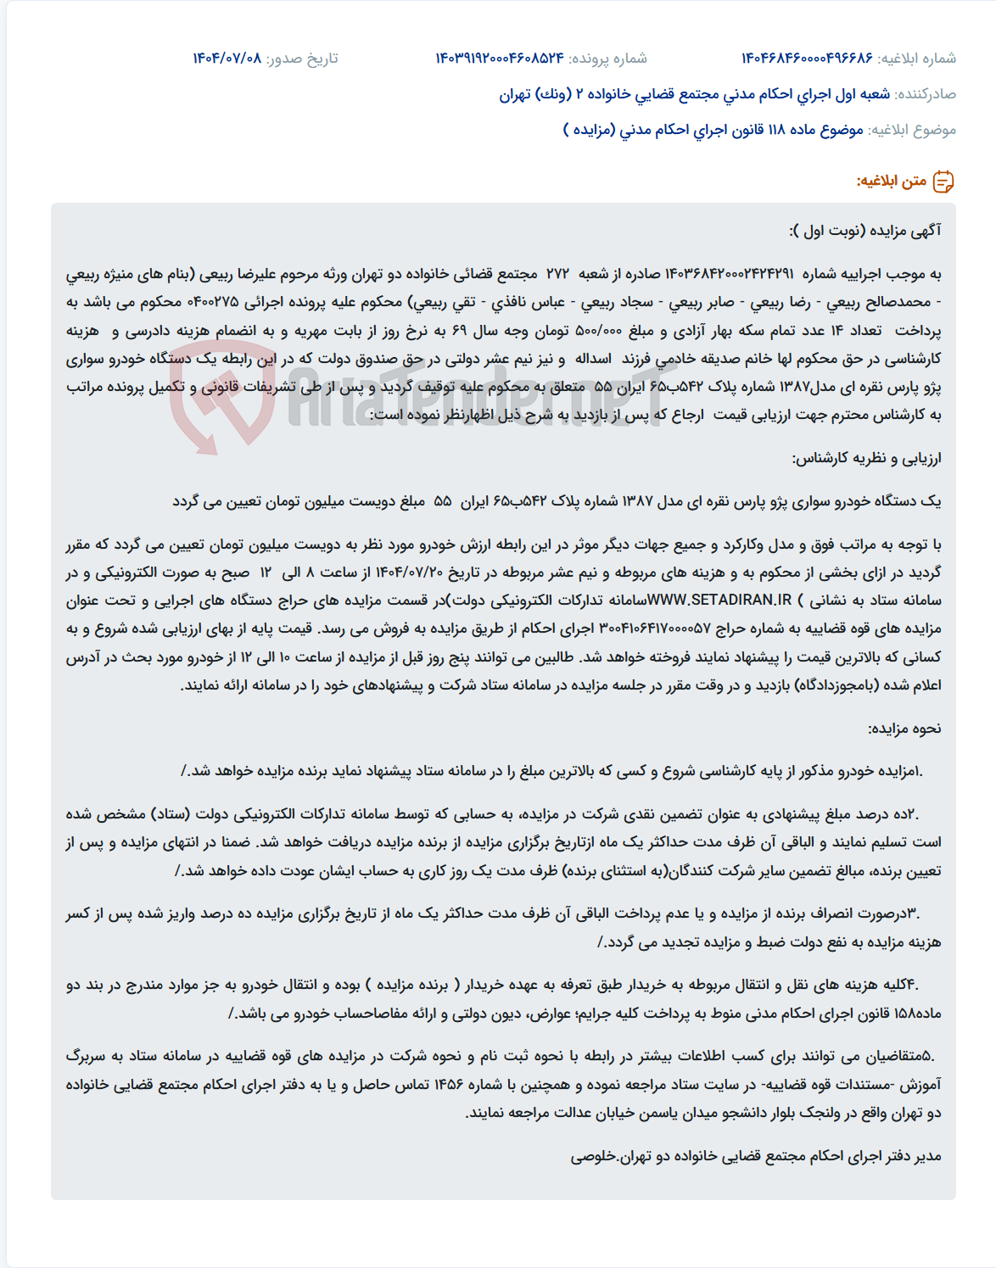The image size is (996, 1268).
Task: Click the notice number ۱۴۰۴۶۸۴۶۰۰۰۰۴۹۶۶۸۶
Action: tap(806, 59)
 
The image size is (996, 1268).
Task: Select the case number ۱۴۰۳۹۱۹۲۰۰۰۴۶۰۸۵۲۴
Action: tap(500, 59)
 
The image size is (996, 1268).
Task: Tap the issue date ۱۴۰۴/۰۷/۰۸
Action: tap(227, 59)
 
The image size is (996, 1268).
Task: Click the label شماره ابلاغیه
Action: tap(917, 59)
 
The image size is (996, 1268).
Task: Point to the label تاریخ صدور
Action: tap(302, 59)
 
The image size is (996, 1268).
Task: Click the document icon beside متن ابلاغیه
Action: tap(943, 182)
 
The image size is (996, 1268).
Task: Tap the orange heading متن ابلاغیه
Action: tap(891, 182)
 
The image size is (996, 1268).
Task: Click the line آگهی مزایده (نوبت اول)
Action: tap(865, 231)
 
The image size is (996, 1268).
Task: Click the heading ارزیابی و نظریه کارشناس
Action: tap(866, 458)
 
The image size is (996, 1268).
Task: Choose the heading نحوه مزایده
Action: tap(904, 729)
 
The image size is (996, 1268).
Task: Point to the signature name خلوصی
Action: tap(592, 1157)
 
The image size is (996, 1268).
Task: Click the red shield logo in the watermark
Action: tap(222, 399)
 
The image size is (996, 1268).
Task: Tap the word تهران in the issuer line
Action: tap(514, 94)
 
